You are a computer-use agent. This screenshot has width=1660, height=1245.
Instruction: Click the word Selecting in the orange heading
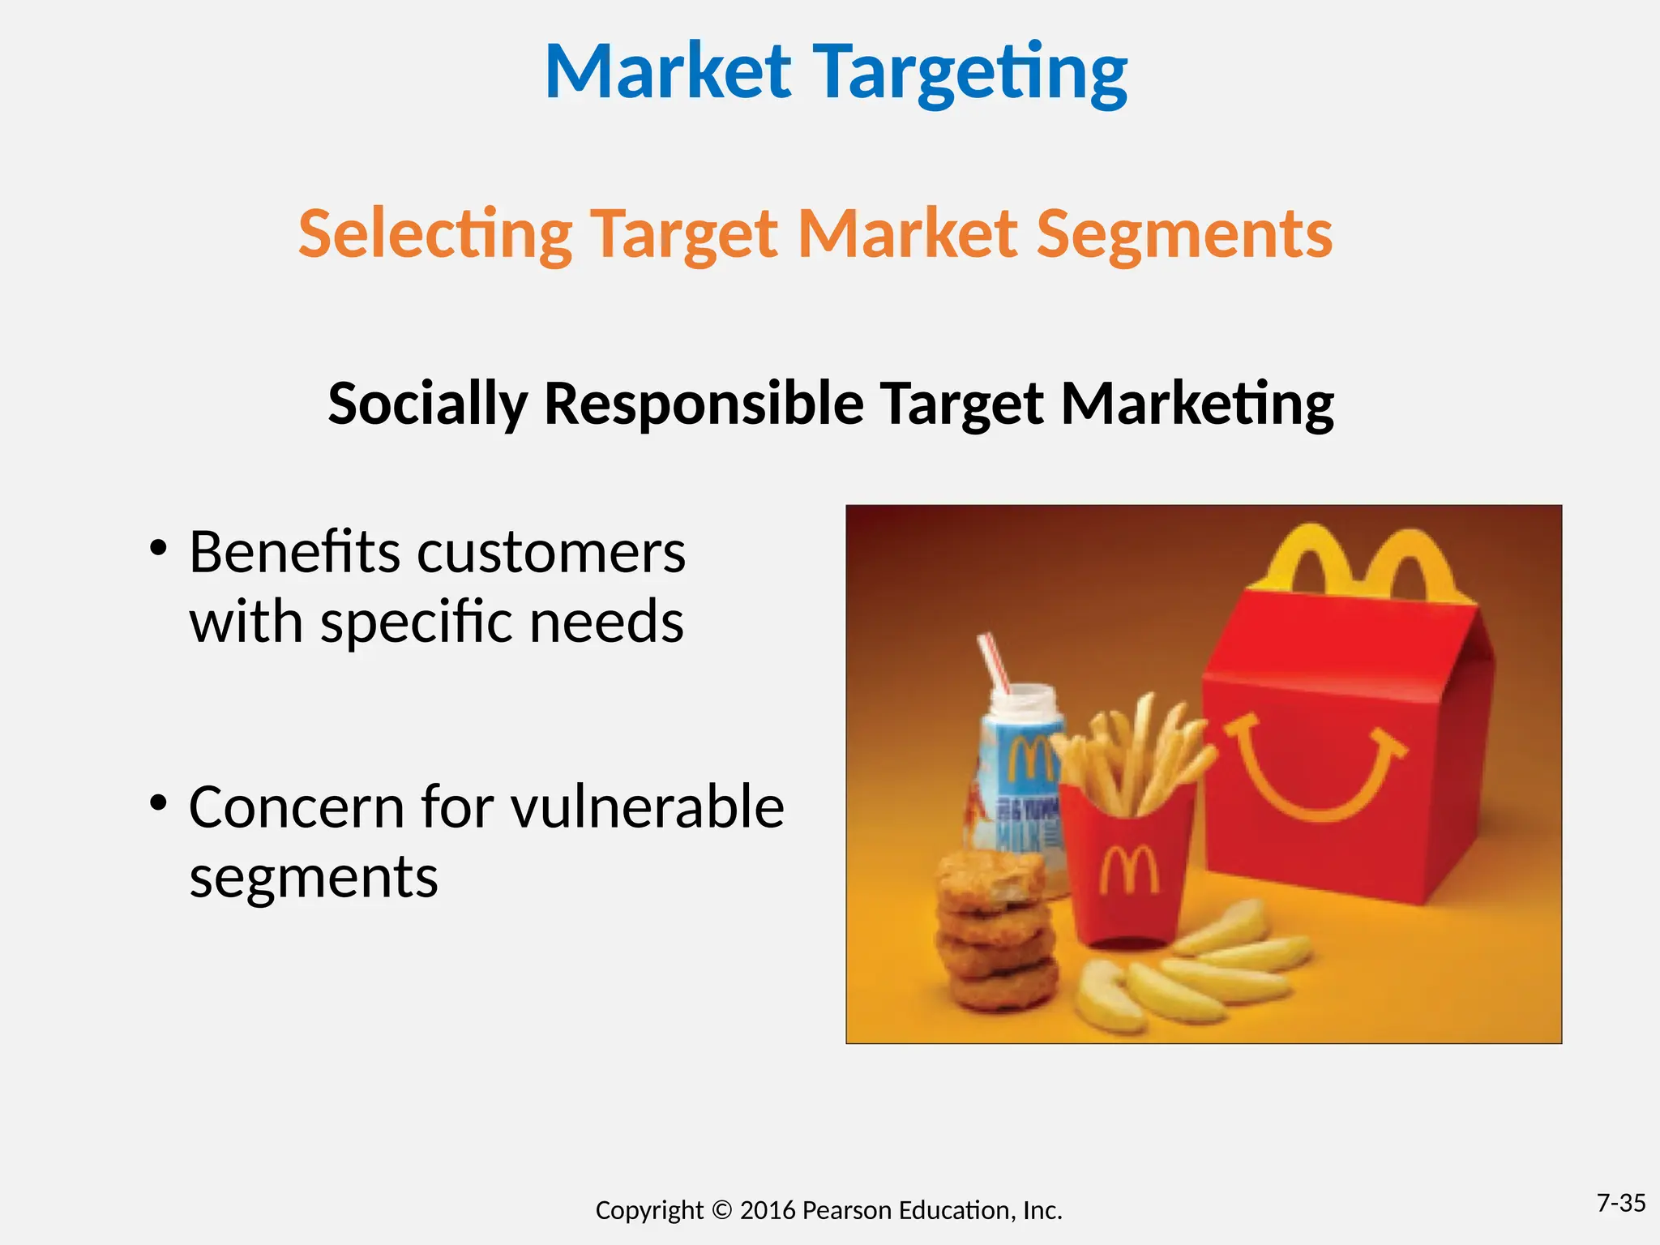[x=435, y=234]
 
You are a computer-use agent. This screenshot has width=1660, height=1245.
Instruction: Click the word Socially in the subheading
[x=427, y=404]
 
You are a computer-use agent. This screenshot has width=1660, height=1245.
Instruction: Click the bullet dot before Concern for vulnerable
[x=158, y=802]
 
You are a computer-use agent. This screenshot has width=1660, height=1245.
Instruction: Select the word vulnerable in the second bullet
[x=648, y=807]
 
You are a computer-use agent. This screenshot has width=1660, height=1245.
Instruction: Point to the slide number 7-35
[x=1620, y=1203]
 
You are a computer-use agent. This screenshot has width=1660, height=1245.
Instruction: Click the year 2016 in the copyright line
[x=768, y=1211]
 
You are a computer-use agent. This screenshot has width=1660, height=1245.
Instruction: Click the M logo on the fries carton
[x=1128, y=869]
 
